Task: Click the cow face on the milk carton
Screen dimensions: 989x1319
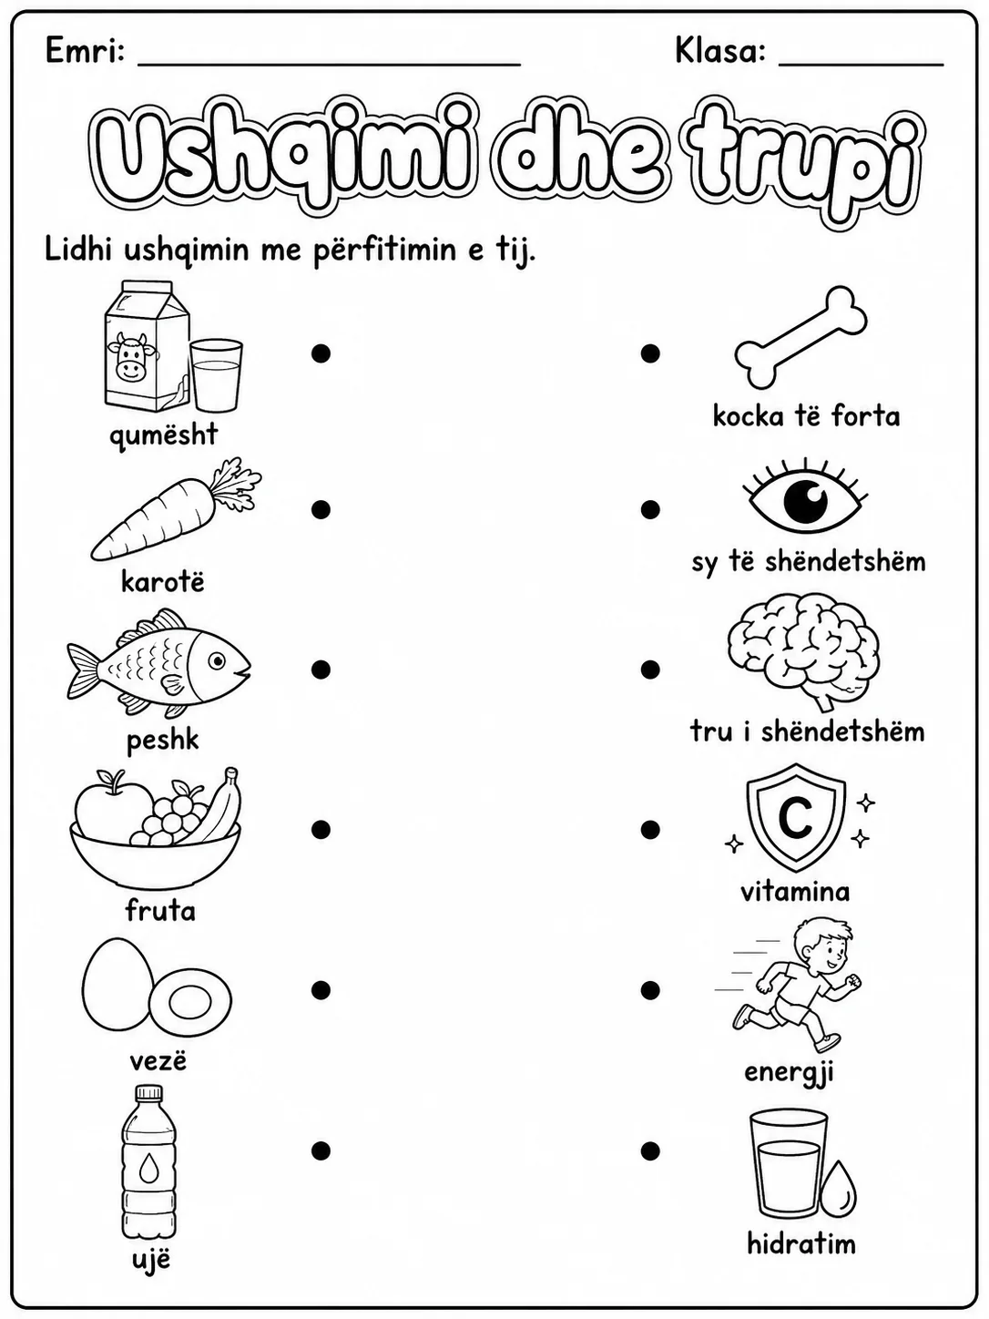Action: [x=131, y=358]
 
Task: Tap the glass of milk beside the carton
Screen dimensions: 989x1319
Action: [x=216, y=375]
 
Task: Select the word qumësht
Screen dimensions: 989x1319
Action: [x=163, y=435]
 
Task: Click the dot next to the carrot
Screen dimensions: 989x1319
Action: [x=321, y=509]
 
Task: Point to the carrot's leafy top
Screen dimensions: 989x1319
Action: [x=235, y=486]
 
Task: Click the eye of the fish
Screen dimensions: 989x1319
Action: [x=217, y=661]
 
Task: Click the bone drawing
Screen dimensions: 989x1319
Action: [x=801, y=337]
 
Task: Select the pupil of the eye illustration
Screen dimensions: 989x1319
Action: [x=806, y=501]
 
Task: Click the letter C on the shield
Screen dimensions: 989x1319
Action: [x=796, y=817]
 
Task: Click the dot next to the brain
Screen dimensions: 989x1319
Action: [x=650, y=669]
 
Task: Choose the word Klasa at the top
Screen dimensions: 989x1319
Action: [x=720, y=50]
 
